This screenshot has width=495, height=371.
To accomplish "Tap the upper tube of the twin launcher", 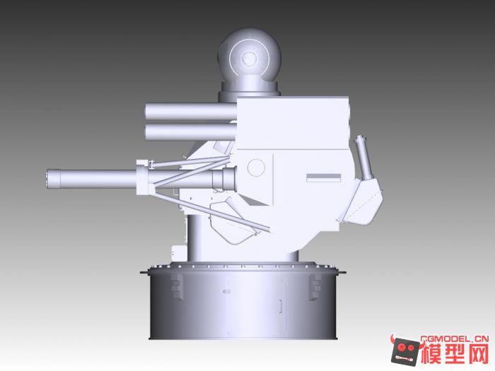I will pyautogui.click(x=190, y=111).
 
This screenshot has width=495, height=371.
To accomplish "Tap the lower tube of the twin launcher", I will pyautogui.click(x=190, y=131).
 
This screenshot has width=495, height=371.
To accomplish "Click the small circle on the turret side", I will pyautogui.click(x=256, y=167).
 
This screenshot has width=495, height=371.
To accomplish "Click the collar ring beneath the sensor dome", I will pyautogui.click(x=250, y=90).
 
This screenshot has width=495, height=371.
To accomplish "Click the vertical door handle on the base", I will pyautogui.click(x=281, y=307).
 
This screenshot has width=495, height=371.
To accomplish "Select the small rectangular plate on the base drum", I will pyautogui.click(x=226, y=291).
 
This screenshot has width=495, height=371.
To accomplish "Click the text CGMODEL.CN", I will pyautogui.click(x=453, y=338).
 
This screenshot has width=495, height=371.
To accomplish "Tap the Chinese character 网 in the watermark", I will pyautogui.click(x=478, y=352).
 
